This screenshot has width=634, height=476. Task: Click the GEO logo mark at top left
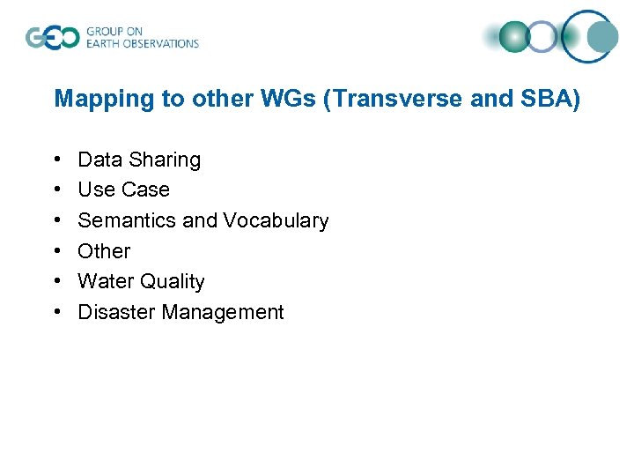click(x=52, y=38)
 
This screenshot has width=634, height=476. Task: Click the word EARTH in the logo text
click(x=106, y=43)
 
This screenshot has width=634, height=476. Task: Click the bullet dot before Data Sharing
click(x=58, y=160)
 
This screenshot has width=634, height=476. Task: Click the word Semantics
click(x=128, y=220)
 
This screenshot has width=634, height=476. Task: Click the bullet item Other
click(x=104, y=251)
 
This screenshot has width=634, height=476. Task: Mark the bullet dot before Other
click(x=58, y=251)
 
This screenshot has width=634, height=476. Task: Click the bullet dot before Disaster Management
click(x=58, y=312)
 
